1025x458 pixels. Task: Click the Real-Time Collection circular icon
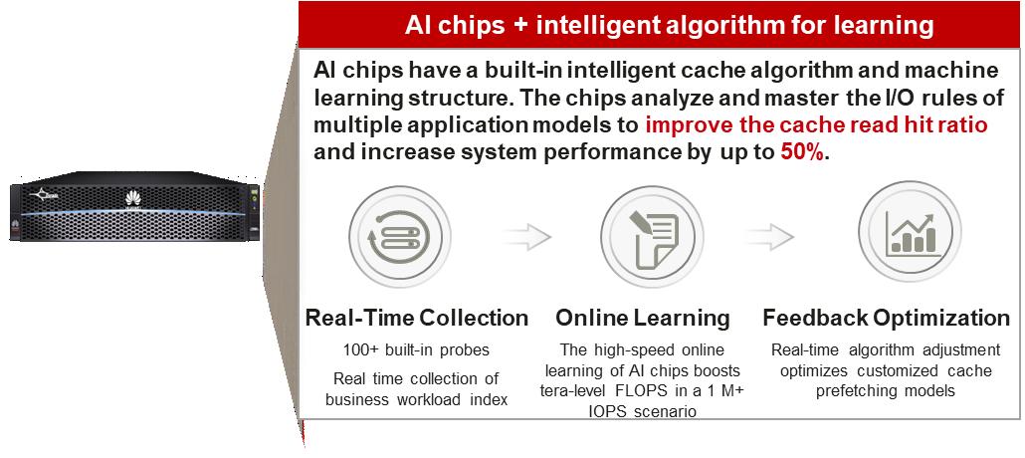pyautogui.click(x=399, y=234)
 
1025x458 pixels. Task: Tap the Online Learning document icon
pyautogui.click(x=651, y=234)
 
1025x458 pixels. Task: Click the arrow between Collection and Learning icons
pyautogui.click(x=527, y=237)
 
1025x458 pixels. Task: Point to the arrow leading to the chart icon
pyautogui.click(x=770, y=237)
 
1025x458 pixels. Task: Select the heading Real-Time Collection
pyautogui.click(x=417, y=318)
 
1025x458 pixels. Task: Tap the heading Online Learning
pyautogui.click(x=643, y=318)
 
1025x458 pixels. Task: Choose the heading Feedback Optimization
pyautogui.click(x=887, y=318)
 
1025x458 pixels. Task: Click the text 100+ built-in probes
pyautogui.click(x=416, y=350)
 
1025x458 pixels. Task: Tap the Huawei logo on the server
pyautogui.click(x=133, y=199)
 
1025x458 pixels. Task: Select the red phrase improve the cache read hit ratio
pyautogui.click(x=816, y=124)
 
